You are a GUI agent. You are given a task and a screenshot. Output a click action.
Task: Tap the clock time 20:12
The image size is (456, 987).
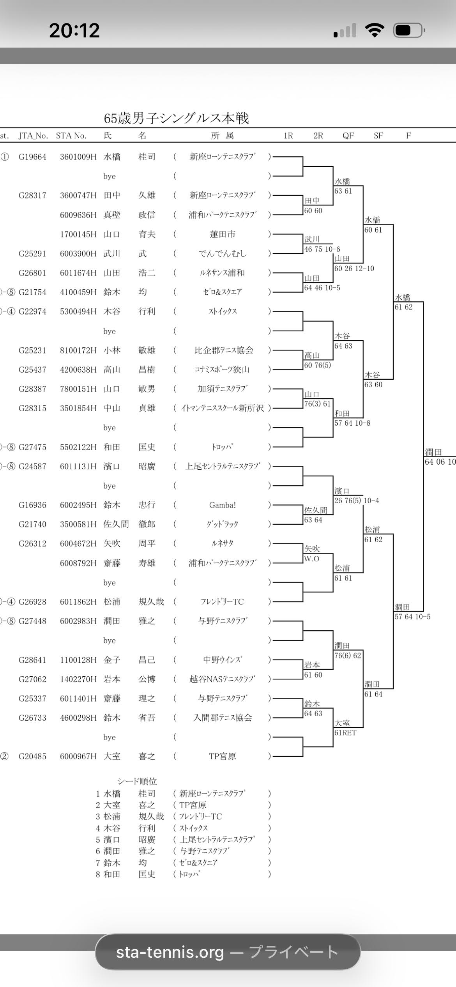74,30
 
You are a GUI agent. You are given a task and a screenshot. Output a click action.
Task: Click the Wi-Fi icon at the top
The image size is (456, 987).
375,30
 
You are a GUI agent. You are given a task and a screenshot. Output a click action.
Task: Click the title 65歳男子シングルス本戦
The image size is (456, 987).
176,119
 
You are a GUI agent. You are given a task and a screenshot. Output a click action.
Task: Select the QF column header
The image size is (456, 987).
348,136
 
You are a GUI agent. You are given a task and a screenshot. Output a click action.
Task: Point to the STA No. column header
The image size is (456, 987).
71,136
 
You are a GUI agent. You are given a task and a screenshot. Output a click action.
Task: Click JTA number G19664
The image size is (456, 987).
32,157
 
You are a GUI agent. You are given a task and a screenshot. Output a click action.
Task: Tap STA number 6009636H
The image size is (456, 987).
78,215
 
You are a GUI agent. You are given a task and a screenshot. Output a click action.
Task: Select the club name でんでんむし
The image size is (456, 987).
222,254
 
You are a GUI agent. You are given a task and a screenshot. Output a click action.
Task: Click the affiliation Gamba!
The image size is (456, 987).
222,505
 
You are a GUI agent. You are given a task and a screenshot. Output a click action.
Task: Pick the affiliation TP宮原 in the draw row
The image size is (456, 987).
222,757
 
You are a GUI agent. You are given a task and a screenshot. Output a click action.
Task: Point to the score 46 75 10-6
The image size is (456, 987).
322,249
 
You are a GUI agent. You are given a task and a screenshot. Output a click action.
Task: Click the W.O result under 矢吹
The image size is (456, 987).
312,559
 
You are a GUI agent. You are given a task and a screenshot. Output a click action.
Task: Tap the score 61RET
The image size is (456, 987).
345,733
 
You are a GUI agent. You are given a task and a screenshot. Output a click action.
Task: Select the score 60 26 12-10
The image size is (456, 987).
354,269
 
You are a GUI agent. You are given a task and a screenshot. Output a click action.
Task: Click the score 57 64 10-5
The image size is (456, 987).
412,617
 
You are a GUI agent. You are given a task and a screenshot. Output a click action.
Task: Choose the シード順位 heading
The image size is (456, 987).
137,781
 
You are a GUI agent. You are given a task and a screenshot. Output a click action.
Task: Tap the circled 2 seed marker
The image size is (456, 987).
4,757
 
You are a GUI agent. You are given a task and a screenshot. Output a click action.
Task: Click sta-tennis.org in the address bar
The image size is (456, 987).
170,952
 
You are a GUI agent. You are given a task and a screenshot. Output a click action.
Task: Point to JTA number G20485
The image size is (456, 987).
32,757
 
